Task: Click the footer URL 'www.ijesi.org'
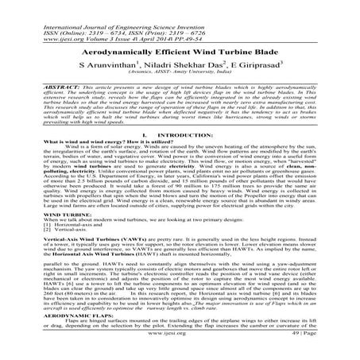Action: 180,349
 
